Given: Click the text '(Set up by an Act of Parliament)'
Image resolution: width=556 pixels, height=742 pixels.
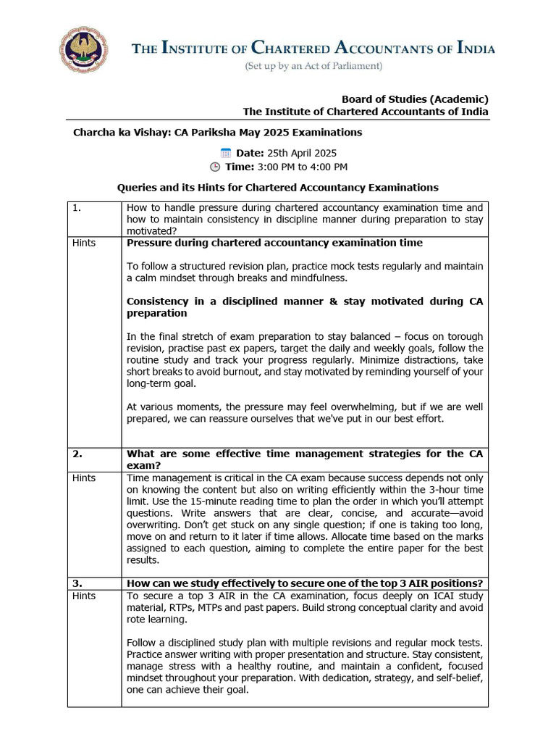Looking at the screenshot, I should point(313,67).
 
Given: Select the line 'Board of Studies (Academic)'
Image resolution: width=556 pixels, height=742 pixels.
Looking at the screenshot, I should point(415,99).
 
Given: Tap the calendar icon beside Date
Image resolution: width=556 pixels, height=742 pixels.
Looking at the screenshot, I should point(225,153).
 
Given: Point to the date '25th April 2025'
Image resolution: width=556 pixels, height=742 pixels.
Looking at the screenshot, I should point(302,153).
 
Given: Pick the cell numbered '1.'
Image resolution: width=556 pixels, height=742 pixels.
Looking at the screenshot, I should point(77,208).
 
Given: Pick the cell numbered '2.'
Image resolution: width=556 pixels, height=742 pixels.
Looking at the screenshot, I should point(77,454).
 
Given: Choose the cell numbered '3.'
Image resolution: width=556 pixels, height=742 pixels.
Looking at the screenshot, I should point(77,584).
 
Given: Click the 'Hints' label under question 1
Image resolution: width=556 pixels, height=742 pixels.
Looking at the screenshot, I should point(84,243).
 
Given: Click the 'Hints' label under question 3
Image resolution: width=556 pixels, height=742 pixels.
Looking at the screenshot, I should point(84,596).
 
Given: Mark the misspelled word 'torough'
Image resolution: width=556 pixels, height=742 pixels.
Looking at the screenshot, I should point(464,337).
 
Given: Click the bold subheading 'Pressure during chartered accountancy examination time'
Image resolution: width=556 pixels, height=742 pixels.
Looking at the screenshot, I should point(274,243).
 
